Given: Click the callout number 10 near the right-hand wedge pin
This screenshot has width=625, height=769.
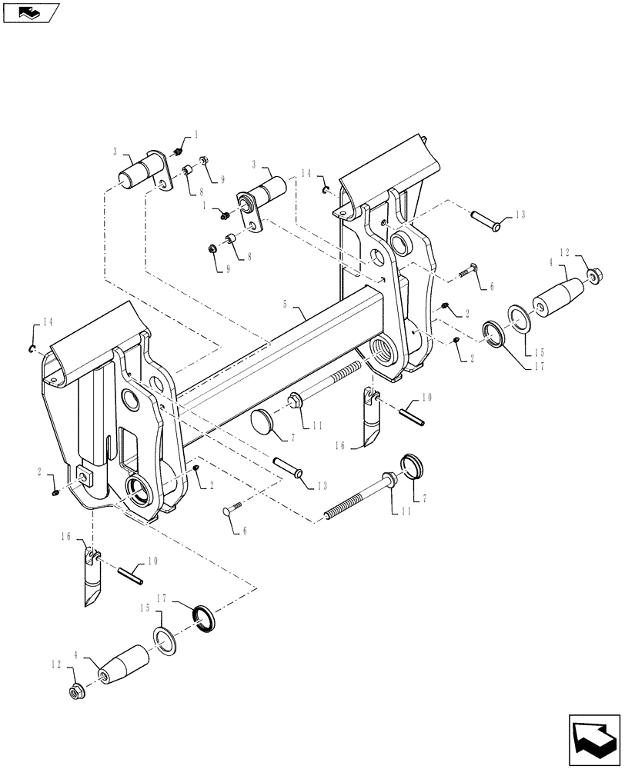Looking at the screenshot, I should click(x=427, y=398).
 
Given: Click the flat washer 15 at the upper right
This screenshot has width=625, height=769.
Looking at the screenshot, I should click(x=517, y=318).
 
